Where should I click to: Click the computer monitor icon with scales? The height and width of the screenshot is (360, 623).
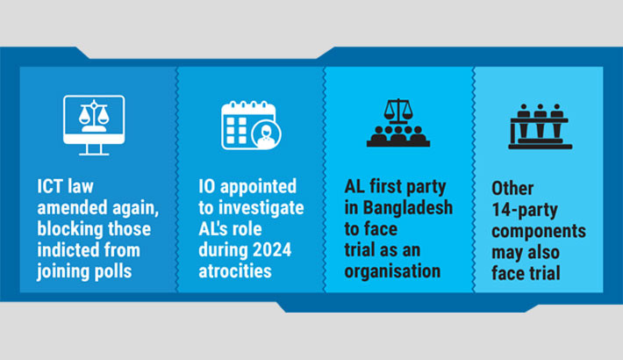94,125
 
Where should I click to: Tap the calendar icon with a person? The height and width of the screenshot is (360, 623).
249,126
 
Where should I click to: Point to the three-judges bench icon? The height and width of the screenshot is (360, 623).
539,126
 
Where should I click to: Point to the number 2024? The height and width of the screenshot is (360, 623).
276,251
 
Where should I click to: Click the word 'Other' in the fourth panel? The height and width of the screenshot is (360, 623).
512,189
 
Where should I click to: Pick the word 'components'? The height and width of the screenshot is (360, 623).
539,231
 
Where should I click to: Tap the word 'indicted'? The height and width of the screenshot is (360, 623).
69,250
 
